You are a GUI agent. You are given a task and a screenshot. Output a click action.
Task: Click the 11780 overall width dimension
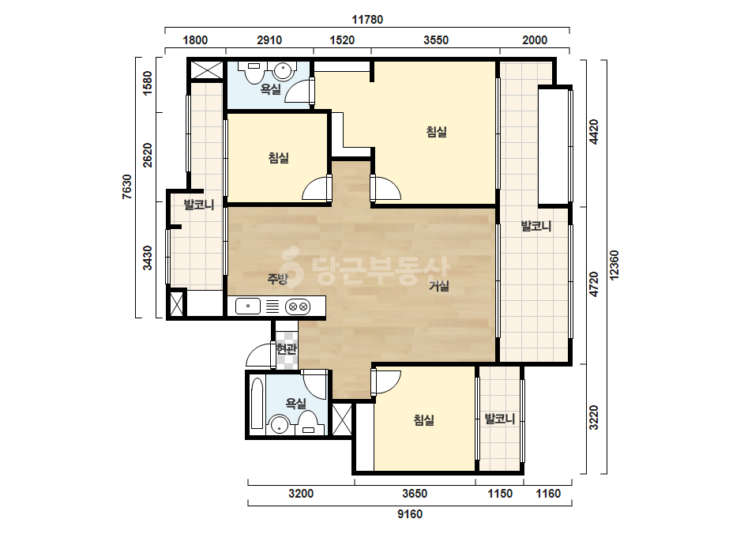[367, 20]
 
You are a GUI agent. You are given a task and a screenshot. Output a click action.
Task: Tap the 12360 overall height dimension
[614, 265]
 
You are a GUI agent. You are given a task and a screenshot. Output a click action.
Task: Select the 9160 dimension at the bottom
[410, 514]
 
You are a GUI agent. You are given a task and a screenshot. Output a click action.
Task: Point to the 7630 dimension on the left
[126, 187]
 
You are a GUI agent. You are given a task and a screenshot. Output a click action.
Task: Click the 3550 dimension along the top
[436, 40]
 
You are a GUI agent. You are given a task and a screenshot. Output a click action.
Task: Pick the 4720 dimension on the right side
[594, 284]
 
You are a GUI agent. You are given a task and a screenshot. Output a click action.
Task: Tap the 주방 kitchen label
[278, 278]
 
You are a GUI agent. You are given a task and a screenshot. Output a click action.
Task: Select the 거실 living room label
[439, 286]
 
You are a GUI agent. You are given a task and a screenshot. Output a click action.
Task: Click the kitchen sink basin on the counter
[248, 306]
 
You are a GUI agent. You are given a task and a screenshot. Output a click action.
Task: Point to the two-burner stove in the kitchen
[298, 306]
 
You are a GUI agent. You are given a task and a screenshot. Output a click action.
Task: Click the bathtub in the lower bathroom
[257, 403]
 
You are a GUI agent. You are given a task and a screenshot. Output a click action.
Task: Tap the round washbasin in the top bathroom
[283, 71]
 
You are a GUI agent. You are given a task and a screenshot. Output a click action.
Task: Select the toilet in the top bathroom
[253, 71]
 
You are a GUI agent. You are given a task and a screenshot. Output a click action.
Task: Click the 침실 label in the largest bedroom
[437, 132]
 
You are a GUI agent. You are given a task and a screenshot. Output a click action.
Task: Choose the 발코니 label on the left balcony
[199, 205]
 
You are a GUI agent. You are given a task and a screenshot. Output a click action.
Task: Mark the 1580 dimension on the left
[147, 83]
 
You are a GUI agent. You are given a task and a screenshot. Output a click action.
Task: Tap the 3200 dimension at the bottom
[301, 494]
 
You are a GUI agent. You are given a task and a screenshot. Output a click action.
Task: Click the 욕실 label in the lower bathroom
[295, 403]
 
